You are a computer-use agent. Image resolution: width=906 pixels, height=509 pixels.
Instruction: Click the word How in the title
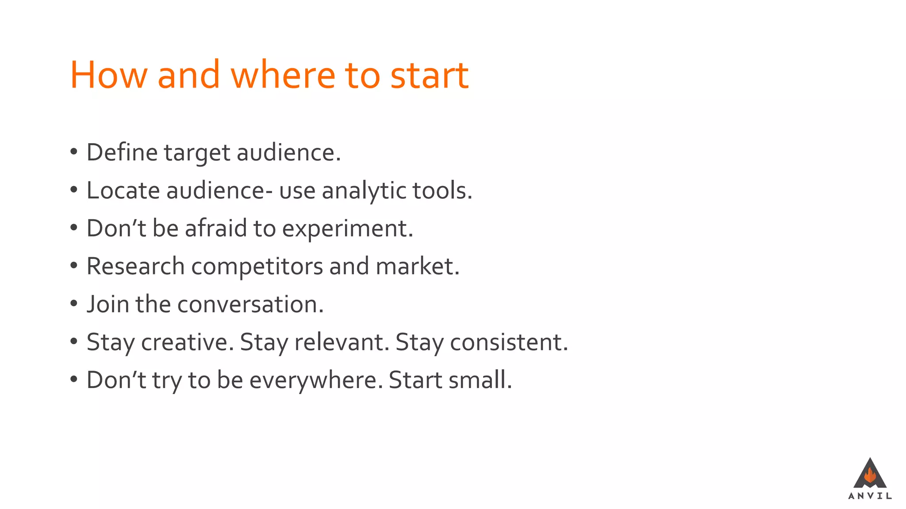(108, 75)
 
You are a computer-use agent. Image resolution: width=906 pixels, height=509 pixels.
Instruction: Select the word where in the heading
(283, 75)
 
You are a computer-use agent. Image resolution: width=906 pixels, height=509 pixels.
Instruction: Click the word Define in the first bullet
(122, 152)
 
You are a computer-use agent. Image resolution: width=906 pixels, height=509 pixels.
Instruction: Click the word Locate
(123, 190)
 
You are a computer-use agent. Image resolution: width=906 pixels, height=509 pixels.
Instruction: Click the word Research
(135, 266)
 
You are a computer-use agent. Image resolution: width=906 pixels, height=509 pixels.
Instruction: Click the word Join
(107, 304)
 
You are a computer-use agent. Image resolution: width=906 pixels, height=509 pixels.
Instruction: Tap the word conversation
(250, 304)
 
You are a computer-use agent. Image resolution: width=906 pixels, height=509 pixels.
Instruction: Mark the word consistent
(509, 342)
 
